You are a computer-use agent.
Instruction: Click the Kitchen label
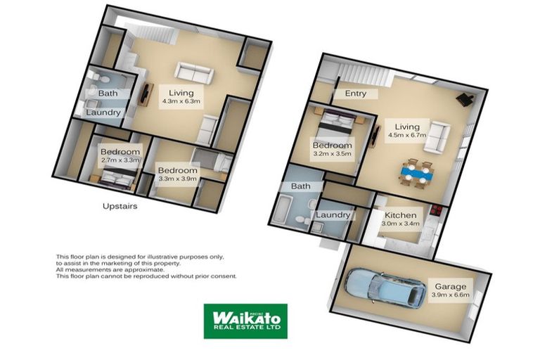click(400, 216)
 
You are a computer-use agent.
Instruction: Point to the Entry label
click(355, 94)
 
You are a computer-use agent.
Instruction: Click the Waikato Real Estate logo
click(245, 321)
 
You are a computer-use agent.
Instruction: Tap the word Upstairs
click(120, 207)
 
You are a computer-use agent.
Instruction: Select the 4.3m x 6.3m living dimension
click(181, 101)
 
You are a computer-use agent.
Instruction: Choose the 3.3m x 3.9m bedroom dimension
click(178, 179)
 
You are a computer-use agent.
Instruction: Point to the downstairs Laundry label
click(333, 214)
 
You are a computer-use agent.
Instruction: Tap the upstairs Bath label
click(108, 94)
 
